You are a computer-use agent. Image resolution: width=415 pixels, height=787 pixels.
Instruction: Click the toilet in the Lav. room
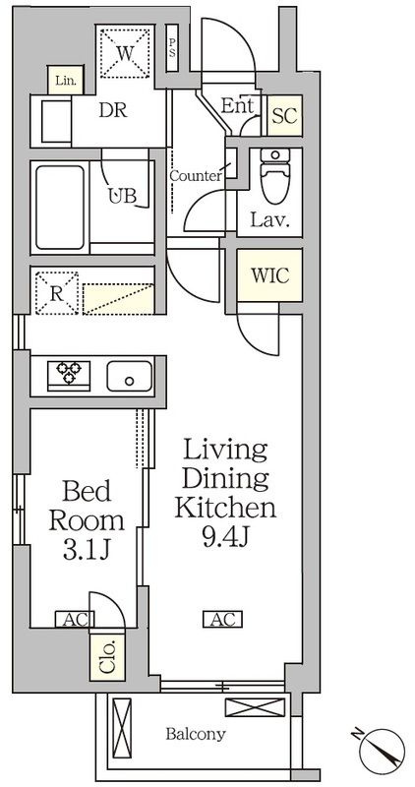coord(274,176)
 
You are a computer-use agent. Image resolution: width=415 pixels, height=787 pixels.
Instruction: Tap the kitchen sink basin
coord(129,376)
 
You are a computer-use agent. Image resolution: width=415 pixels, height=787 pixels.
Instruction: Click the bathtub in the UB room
coord(60,208)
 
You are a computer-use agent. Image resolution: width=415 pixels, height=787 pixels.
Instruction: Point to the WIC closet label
coord(270,275)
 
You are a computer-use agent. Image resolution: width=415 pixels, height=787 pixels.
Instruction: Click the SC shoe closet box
coord(284,115)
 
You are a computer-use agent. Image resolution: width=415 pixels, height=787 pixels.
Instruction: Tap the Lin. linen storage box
coord(65,80)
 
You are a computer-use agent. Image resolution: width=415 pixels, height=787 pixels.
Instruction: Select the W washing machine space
coord(125,53)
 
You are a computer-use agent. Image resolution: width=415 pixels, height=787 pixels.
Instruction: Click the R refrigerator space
coord(57,293)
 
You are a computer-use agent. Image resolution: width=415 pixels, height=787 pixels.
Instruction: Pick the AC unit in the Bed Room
coord(72,620)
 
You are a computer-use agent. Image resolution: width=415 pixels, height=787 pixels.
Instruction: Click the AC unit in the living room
coord(222,619)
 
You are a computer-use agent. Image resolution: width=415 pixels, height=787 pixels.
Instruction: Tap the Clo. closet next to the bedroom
coord(107,654)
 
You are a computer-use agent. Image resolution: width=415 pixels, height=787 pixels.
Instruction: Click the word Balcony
coord(196,735)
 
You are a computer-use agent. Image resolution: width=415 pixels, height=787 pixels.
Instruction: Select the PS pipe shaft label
coord(172,47)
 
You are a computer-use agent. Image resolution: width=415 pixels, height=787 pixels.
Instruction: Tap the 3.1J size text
coord(87,551)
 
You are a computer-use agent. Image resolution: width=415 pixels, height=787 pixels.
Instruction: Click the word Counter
coord(196,176)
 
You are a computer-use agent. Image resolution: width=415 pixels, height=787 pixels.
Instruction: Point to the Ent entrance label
coord(237,106)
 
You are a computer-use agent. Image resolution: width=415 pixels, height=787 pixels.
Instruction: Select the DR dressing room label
coord(113,110)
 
